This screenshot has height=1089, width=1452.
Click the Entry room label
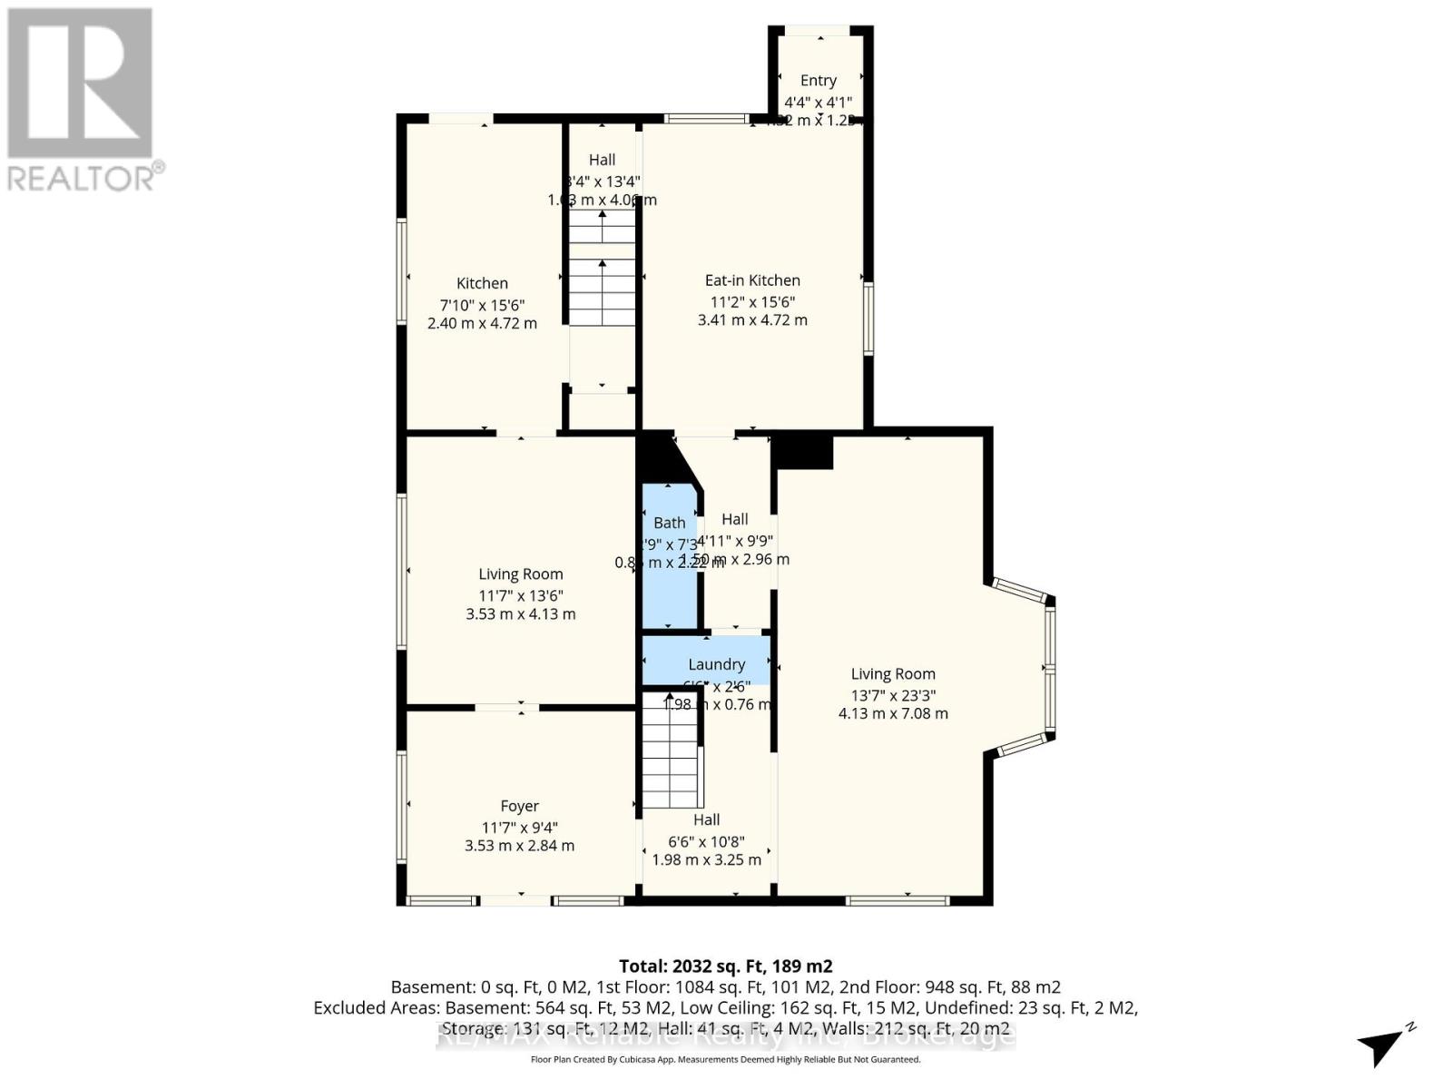coord(818,81)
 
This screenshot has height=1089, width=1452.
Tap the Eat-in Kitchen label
coord(752,280)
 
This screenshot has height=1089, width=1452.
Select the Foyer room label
coord(519,806)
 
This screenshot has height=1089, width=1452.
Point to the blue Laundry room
coord(706,662)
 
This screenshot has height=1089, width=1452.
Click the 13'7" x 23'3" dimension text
coord(893,695)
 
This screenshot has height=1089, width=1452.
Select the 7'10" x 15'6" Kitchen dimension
coord(482,305)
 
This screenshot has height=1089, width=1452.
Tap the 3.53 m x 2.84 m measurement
coord(519,845)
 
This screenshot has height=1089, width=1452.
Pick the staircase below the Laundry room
coord(670,758)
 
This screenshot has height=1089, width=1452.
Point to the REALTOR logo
coord(82,100)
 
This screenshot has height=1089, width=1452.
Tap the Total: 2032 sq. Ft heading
coord(725,966)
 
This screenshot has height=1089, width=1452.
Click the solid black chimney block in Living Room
coord(803,452)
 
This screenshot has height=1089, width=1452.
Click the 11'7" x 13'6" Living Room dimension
coord(520,595)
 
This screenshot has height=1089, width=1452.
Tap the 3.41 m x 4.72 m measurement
coord(752,319)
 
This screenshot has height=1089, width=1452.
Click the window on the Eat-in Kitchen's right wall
coord(868,318)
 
